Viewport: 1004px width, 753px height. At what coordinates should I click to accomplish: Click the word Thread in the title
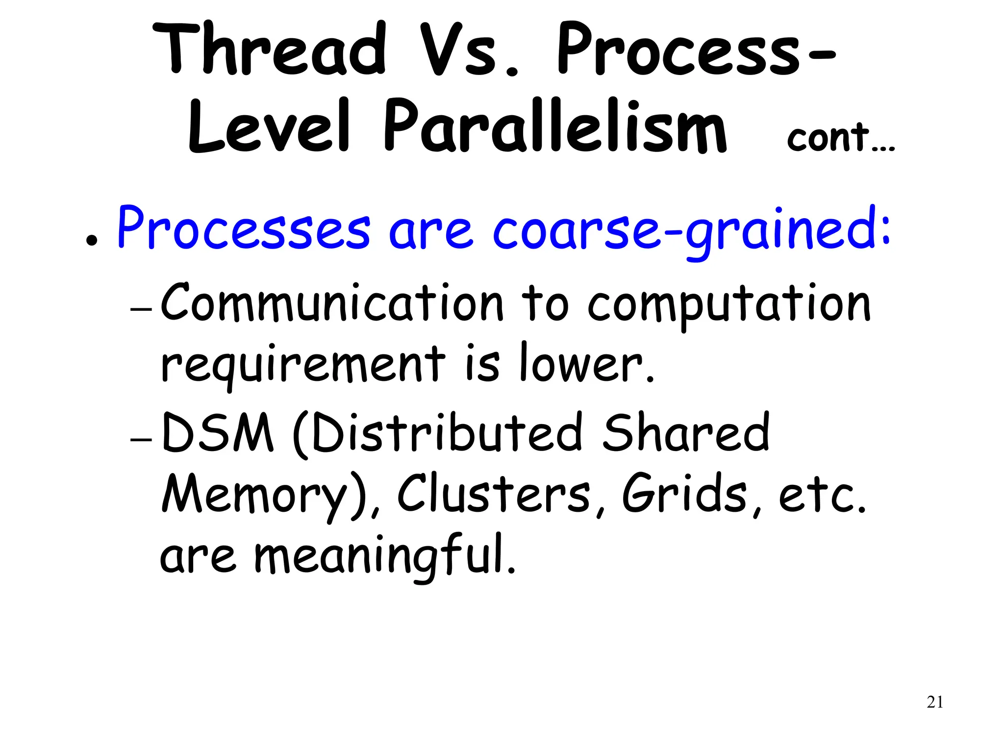[269, 50]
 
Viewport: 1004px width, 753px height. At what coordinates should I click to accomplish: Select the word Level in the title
[269, 126]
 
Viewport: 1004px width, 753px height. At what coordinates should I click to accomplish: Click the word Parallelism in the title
[554, 126]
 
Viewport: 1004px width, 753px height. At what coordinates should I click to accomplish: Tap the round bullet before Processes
[91, 241]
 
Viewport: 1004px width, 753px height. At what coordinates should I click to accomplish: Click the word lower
[586, 364]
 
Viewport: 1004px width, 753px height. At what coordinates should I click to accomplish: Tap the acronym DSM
[217, 432]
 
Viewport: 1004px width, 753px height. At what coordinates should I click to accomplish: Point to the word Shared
[686, 432]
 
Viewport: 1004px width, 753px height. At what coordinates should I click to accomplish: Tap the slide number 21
[935, 703]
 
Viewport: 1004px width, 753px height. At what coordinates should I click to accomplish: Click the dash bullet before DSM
[142, 440]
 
